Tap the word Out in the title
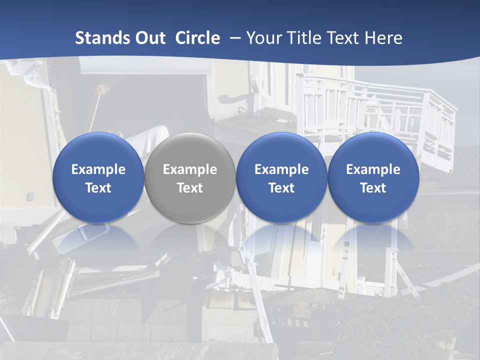(x=149, y=38)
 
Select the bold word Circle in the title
(x=197, y=38)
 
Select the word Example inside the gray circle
(x=190, y=169)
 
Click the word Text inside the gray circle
(x=190, y=188)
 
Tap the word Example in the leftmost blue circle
(x=98, y=169)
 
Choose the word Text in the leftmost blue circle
(x=98, y=188)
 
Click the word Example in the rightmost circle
(x=373, y=169)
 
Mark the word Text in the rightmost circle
(x=373, y=188)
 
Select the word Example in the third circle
(x=281, y=169)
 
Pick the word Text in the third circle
(x=281, y=188)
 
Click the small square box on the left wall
(x=30, y=196)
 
